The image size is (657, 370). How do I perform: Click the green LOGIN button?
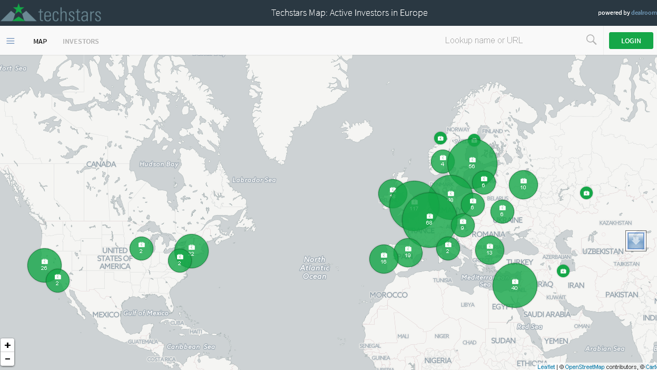pos(631,41)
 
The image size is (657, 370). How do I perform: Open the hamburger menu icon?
pos(11,41)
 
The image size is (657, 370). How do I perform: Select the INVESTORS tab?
pos(81,41)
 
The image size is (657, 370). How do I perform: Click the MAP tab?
pos(40,41)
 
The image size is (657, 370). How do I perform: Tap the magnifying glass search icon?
pos(591,40)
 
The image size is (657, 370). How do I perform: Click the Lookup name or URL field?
pos(506,41)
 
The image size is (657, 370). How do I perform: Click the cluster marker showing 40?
pos(515,285)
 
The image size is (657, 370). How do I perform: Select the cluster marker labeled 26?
pos(44,265)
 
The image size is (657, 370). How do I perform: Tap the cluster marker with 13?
pos(489,250)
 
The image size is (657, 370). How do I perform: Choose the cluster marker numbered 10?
pos(523,184)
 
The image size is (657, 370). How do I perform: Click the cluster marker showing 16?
pos(384,259)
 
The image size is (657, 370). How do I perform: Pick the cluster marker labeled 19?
pos(408,252)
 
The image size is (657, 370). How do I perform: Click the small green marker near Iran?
pos(563,271)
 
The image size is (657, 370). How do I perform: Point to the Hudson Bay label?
pos(159,164)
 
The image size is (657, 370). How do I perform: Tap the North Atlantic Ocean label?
pos(315,268)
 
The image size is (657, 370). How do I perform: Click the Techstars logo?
pos(51,13)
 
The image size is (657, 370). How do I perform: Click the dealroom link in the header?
pos(644,13)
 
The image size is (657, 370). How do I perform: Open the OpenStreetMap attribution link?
pos(584,367)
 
